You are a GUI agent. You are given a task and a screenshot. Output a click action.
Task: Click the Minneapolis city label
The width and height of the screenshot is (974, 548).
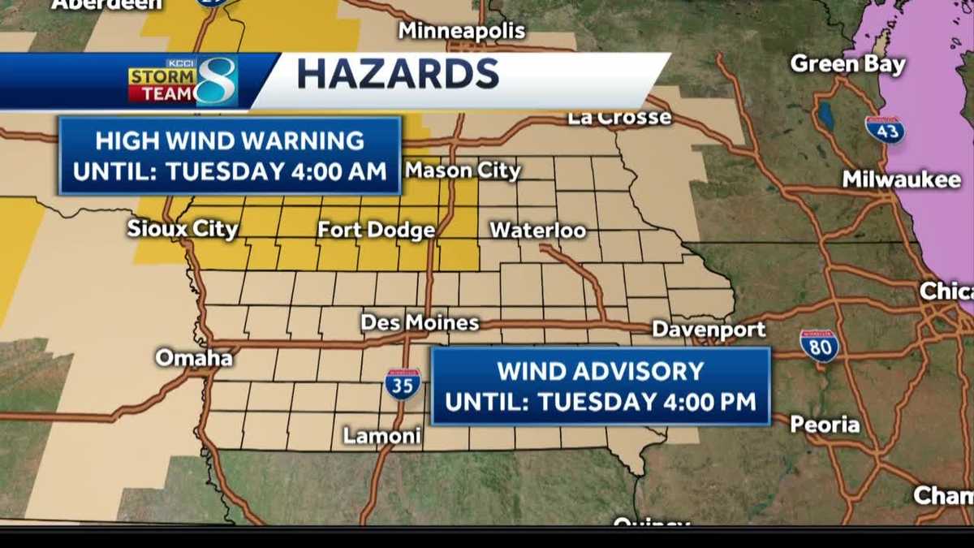pos(462,32)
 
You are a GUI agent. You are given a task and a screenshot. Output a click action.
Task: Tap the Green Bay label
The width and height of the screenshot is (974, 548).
pos(847,64)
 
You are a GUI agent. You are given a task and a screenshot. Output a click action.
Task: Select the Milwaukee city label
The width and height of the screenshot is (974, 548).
pos(901,179)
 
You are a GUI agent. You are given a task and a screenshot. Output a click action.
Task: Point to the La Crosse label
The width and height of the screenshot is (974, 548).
pos(619,118)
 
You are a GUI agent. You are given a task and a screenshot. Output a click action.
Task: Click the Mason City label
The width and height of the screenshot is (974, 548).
pos(463,170)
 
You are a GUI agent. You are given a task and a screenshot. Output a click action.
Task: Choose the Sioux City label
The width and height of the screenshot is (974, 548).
pos(183,229)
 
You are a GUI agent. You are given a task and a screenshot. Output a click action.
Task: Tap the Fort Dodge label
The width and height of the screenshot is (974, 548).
pos(376,231)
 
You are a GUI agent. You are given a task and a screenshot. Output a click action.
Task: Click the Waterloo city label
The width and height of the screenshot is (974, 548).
pos(537,231)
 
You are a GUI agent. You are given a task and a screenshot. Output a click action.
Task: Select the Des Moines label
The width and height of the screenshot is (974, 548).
pos(420,323)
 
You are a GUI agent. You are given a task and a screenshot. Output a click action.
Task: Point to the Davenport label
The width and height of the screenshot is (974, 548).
pos(709,330)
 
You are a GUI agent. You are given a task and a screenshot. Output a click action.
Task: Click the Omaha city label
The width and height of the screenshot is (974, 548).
pos(194,358)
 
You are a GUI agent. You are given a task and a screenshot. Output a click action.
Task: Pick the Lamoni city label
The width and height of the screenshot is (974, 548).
pos(381,436)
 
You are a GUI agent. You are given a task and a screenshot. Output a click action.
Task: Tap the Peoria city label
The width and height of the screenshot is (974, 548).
pos(825,425)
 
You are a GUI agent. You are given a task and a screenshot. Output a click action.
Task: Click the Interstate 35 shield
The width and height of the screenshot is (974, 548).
pos(403,383)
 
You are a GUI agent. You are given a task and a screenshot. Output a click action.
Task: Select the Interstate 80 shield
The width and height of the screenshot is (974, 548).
pos(819,346)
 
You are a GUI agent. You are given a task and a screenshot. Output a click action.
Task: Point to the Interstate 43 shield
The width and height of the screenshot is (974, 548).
pos(884,130)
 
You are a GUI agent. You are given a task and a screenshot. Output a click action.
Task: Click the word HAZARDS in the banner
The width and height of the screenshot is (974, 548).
pos(398,75)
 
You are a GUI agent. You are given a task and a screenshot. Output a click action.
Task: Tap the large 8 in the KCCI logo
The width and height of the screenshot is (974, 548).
pos(217,82)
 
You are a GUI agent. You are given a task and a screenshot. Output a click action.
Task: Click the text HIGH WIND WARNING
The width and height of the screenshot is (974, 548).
pos(230,140)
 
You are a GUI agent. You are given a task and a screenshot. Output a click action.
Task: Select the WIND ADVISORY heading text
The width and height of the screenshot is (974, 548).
pos(600,371)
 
